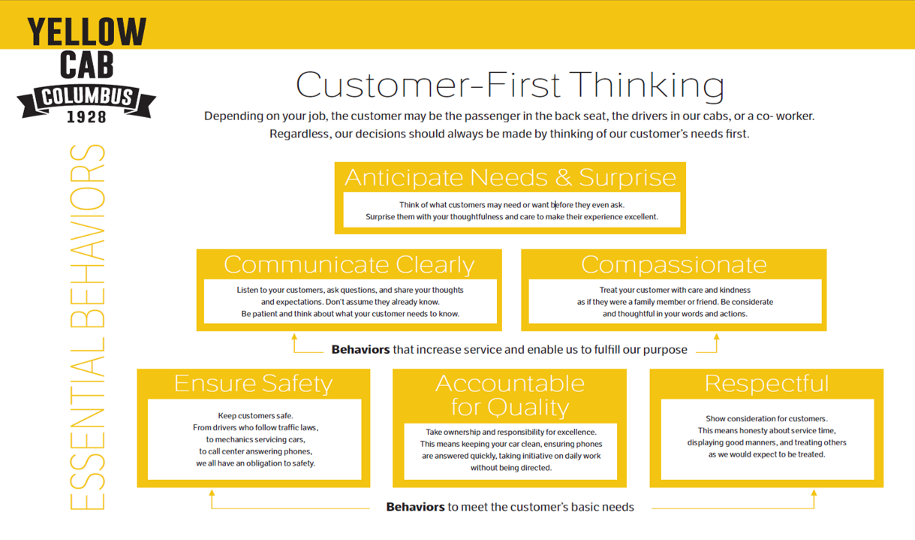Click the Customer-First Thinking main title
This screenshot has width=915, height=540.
tap(510, 85)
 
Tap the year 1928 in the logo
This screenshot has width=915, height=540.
tap(86, 117)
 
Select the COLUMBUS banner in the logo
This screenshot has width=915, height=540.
tap(86, 98)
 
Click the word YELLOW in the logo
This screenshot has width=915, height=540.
tap(86, 32)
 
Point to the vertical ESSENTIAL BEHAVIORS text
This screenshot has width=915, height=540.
tap(87, 327)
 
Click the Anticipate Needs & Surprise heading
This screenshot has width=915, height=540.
tap(510, 177)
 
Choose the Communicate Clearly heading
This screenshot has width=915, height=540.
tap(349, 264)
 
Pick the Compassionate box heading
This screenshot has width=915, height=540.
tap(673, 264)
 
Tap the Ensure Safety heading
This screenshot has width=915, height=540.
tap(253, 383)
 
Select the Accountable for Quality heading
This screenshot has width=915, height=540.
tap(510, 395)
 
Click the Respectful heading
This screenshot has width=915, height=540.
tap(766, 383)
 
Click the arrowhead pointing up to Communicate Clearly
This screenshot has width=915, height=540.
tap(294, 338)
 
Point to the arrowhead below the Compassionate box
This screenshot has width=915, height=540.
tap(717, 338)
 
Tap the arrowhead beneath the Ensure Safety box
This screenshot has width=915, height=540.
tap(212, 494)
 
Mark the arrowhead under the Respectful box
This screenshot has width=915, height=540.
tap(814, 494)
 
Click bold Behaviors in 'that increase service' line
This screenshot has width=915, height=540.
tap(360, 349)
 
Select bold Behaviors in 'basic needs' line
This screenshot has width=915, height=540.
tap(415, 507)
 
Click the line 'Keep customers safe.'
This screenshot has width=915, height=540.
tap(255, 415)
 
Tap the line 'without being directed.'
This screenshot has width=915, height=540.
tap(510, 467)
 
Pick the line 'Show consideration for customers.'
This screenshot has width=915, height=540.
tap(766, 418)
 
